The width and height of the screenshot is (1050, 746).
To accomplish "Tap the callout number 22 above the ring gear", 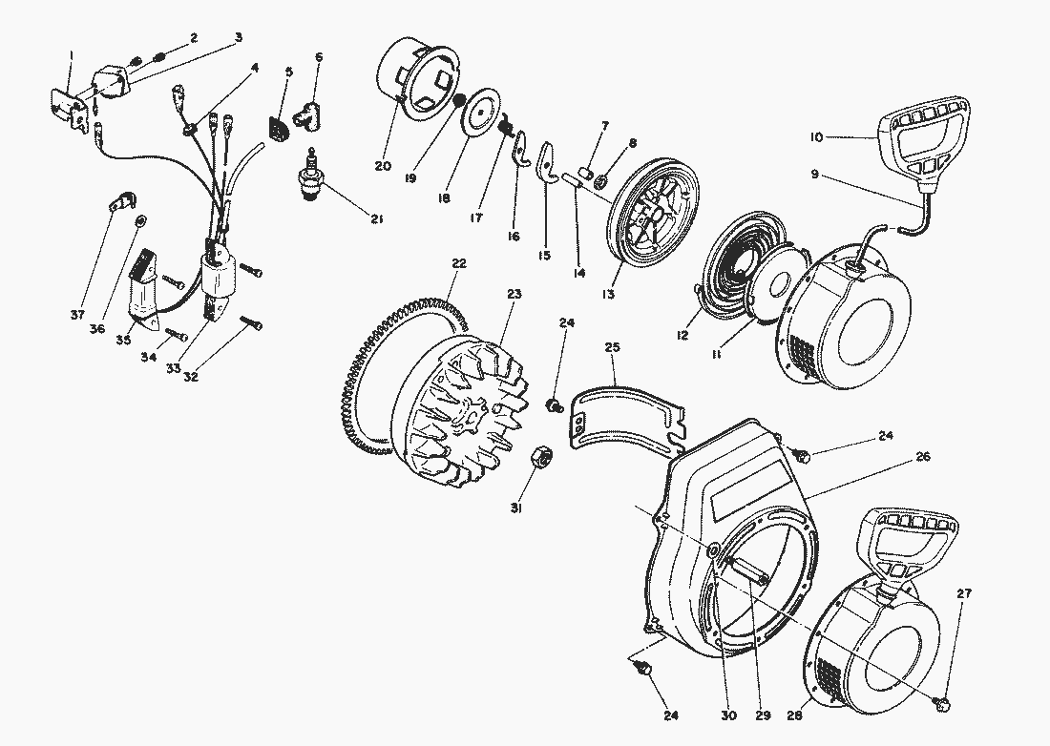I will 459,263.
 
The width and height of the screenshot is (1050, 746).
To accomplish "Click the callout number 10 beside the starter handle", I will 816,138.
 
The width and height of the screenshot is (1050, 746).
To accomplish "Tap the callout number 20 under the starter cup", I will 383,166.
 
